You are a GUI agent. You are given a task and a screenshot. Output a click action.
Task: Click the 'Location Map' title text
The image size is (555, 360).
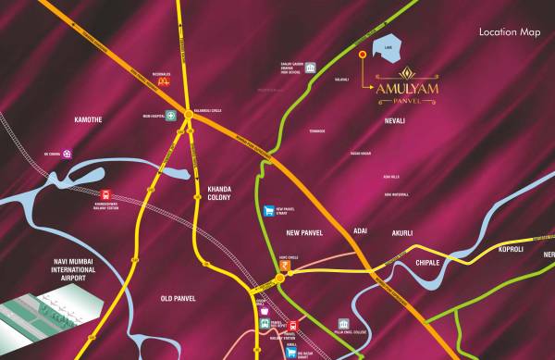509,32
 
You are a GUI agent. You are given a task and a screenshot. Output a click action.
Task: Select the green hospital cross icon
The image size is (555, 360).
170,129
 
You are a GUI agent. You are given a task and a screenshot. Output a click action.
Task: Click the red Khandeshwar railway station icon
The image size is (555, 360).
107,195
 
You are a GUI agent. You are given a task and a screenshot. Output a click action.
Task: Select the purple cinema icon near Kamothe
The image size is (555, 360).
67,154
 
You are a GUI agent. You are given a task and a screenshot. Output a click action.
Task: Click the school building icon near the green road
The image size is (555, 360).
310,68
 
